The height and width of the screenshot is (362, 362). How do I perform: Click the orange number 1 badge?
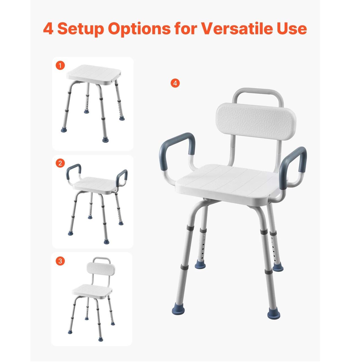tap(60, 66)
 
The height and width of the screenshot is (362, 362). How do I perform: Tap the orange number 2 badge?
tap(60, 163)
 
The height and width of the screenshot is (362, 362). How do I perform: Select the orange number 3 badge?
tap(60, 261)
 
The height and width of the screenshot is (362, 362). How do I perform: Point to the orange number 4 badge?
tap(175, 83)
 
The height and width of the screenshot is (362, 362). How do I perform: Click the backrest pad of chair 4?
tap(256, 122)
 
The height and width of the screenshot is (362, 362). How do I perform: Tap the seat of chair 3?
tap(92, 292)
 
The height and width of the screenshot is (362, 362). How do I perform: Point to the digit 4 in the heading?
tap(48, 29)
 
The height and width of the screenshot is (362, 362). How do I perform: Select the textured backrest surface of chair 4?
tap(256, 122)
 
